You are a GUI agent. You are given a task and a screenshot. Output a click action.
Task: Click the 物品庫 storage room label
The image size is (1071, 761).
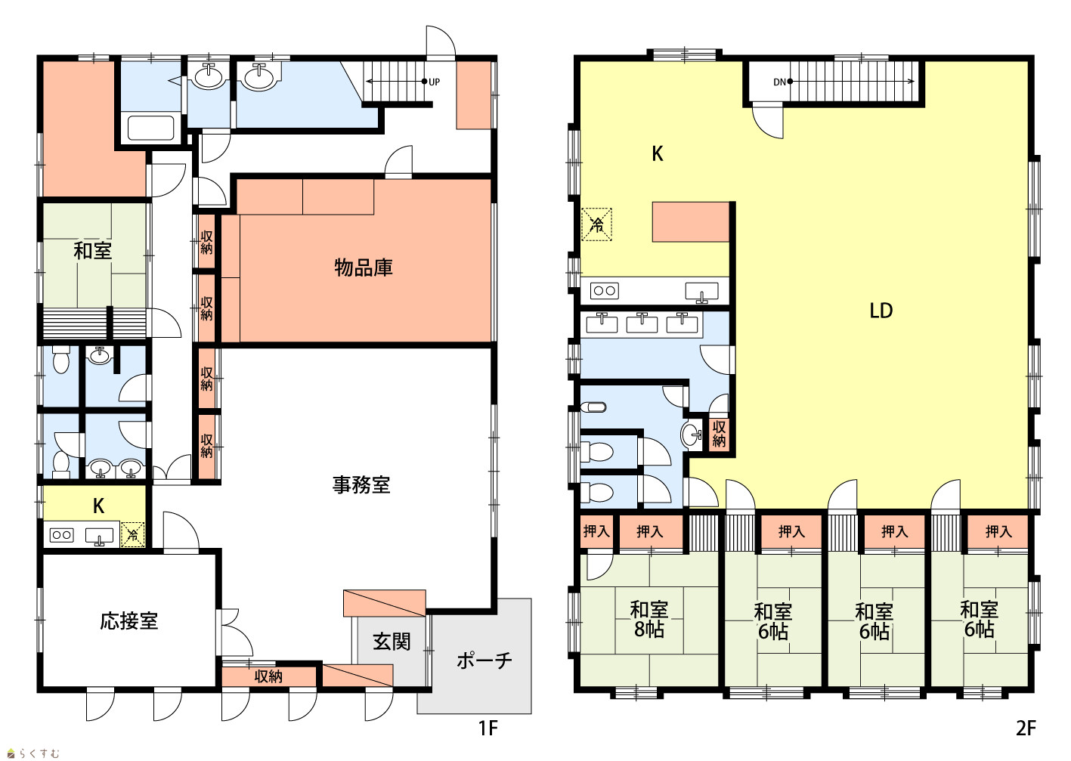(364, 268)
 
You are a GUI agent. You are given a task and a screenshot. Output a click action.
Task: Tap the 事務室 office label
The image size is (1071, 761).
(361, 485)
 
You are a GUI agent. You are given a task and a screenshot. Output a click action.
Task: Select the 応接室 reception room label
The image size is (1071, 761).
(128, 621)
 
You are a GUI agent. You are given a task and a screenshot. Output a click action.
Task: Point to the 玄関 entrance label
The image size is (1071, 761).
(392, 642)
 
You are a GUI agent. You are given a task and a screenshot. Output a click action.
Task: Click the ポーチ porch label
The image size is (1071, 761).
(484, 660)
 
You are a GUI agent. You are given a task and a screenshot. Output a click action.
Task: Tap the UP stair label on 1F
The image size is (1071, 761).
(434, 82)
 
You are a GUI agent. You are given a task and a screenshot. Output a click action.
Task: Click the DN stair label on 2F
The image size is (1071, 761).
(779, 82)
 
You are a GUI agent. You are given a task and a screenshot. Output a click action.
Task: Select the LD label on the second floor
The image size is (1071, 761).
(881, 311)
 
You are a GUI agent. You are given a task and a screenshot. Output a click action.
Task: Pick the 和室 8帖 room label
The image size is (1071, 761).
(648, 620)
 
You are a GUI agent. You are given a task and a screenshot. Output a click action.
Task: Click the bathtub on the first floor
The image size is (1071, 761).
(150, 128)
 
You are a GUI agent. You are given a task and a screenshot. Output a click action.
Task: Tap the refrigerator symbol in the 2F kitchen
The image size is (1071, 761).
(596, 224)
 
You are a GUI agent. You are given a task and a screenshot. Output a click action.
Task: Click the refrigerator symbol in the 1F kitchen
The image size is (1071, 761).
(133, 535)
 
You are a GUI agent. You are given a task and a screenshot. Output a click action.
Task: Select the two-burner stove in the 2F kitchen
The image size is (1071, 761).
(605, 290)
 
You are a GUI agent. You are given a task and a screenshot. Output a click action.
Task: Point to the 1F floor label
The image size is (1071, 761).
(488, 729)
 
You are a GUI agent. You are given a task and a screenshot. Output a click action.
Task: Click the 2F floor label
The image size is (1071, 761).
(1026, 729)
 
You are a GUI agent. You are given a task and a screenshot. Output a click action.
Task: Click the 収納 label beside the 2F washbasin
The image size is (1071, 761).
(719, 434)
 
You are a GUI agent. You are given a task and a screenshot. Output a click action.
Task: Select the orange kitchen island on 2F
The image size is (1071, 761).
(691, 221)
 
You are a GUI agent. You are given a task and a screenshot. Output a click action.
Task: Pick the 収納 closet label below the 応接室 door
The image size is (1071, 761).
(268, 676)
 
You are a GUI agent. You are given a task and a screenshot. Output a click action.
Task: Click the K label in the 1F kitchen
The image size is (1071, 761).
(98, 506)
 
